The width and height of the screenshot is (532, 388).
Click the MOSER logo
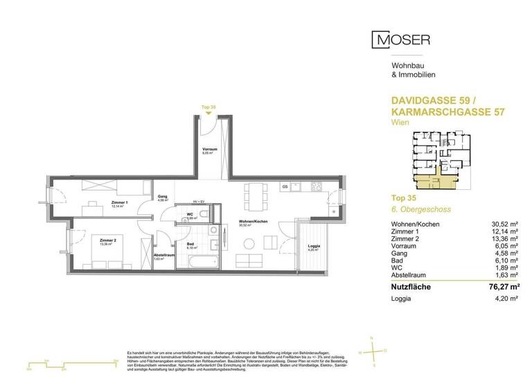(401, 39)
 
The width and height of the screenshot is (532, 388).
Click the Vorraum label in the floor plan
(210, 150)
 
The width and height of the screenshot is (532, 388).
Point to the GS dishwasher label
(284, 187)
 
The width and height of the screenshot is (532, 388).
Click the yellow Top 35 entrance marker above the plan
(209, 107)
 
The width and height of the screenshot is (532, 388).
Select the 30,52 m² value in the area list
(503, 224)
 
